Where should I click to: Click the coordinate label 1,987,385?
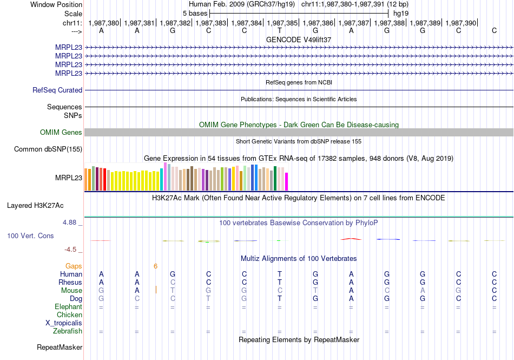tap(283, 23)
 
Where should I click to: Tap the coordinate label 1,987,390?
tap(462, 23)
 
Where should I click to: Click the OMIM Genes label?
tap(61, 133)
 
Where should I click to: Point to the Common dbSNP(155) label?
tap(48, 149)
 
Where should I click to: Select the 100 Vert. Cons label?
tap(30, 236)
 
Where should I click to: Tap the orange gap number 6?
tap(155, 266)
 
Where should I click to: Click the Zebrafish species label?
tap(68, 331)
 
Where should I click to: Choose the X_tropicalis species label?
tap(64, 323)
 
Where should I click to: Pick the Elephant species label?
tap(68, 307)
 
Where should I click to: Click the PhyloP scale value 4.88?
tap(71, 222)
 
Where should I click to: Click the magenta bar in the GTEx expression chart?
tap(287, 181)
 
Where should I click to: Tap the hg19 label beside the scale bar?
tap(401, 13)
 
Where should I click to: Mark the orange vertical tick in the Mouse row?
tap(156, 290)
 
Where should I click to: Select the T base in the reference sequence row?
tap(280, 31)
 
